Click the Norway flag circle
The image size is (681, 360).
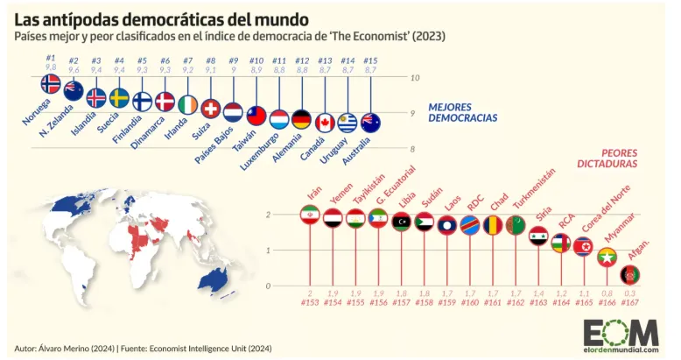pyautogui.click(x=51, y=84)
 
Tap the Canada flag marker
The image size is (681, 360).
pyautogui.click(x=325, y=123)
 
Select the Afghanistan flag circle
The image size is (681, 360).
pyautogui.click(x=629, y=275)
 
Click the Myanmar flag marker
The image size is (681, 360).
pyautogui.click(x=607, y=258)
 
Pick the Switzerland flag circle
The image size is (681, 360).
pyautogui.click(x=210, y=109)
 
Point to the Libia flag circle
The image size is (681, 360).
pyautogui.click(x=402, y=222)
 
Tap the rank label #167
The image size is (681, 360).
pyautogui.click(x=629, y=302)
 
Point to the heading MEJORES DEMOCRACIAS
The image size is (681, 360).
pyautogui.click(x=462, y=112)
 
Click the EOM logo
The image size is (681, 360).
pyautogui.click(x=621, y=334)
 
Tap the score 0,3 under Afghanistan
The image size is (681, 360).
pyautogui.click(x=629, y=293)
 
